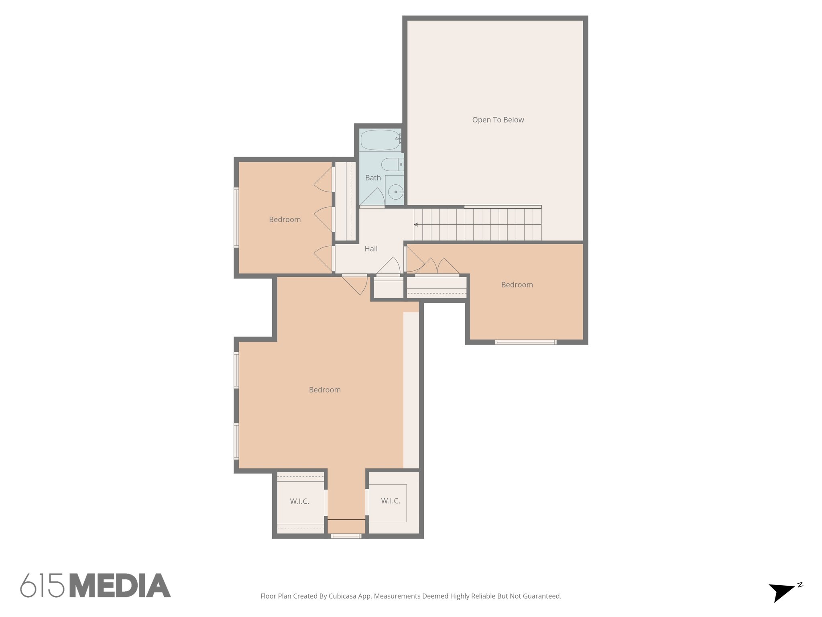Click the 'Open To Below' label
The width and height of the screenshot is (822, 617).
pyautogui.click(x=498, y=120)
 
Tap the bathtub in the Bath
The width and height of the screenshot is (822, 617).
pyautogui.click(x=379, y=140)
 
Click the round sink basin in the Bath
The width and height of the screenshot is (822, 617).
pyautogui.click(x=395, y=192)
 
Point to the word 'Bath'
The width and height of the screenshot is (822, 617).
pyautogui.click(x=373, y=178)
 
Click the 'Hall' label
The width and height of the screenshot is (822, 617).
pyautogui.click(x=371, y=249)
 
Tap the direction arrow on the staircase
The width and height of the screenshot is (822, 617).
pyautogui.click(x=416, y=225)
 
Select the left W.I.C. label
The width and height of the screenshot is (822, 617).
pyautogui.click(x=299, y=501)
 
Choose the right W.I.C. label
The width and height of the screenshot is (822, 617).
pyautogui.click(x=391, y=501)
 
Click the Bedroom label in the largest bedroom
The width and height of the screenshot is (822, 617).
pyautogui.click(x=325, y=390)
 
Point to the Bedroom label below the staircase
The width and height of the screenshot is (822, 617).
pyautogui.click(x=517, y=285)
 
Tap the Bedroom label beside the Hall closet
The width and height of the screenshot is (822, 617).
pyautogui.click(x=285, y=219)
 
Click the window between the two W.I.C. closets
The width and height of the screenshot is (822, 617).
pyautogui.click(x=346, y=536)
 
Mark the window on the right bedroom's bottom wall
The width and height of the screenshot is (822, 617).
pyautogui.click(x=525, y=342)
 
